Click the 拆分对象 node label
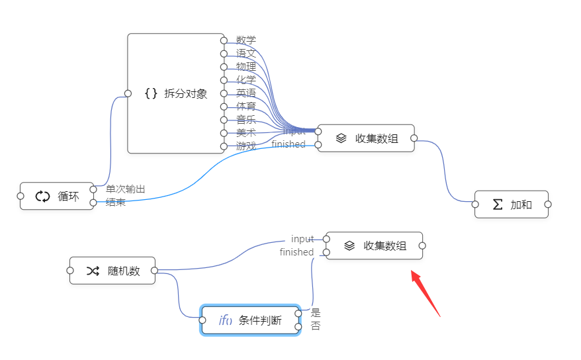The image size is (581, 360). click(185, 93)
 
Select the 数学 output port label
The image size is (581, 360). click(246, 40)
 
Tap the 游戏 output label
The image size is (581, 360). click(246, 146)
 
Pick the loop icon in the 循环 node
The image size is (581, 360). click(42, 196)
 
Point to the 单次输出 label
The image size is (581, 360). click(126, 189)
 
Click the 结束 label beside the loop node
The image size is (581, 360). click(116, 202)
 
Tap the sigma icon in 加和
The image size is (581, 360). click(498, 204)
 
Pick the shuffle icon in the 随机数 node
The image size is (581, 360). click(93, 271)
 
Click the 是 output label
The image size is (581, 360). click(316, 313)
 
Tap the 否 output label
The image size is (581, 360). click(316, 326)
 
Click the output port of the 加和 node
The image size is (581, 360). click(548, 204)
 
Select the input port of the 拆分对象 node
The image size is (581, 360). click(128, 93)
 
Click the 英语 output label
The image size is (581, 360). click(246, 93)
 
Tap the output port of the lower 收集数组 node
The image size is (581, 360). click(422, 246)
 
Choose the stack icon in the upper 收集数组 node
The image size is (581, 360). click(341, 138)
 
